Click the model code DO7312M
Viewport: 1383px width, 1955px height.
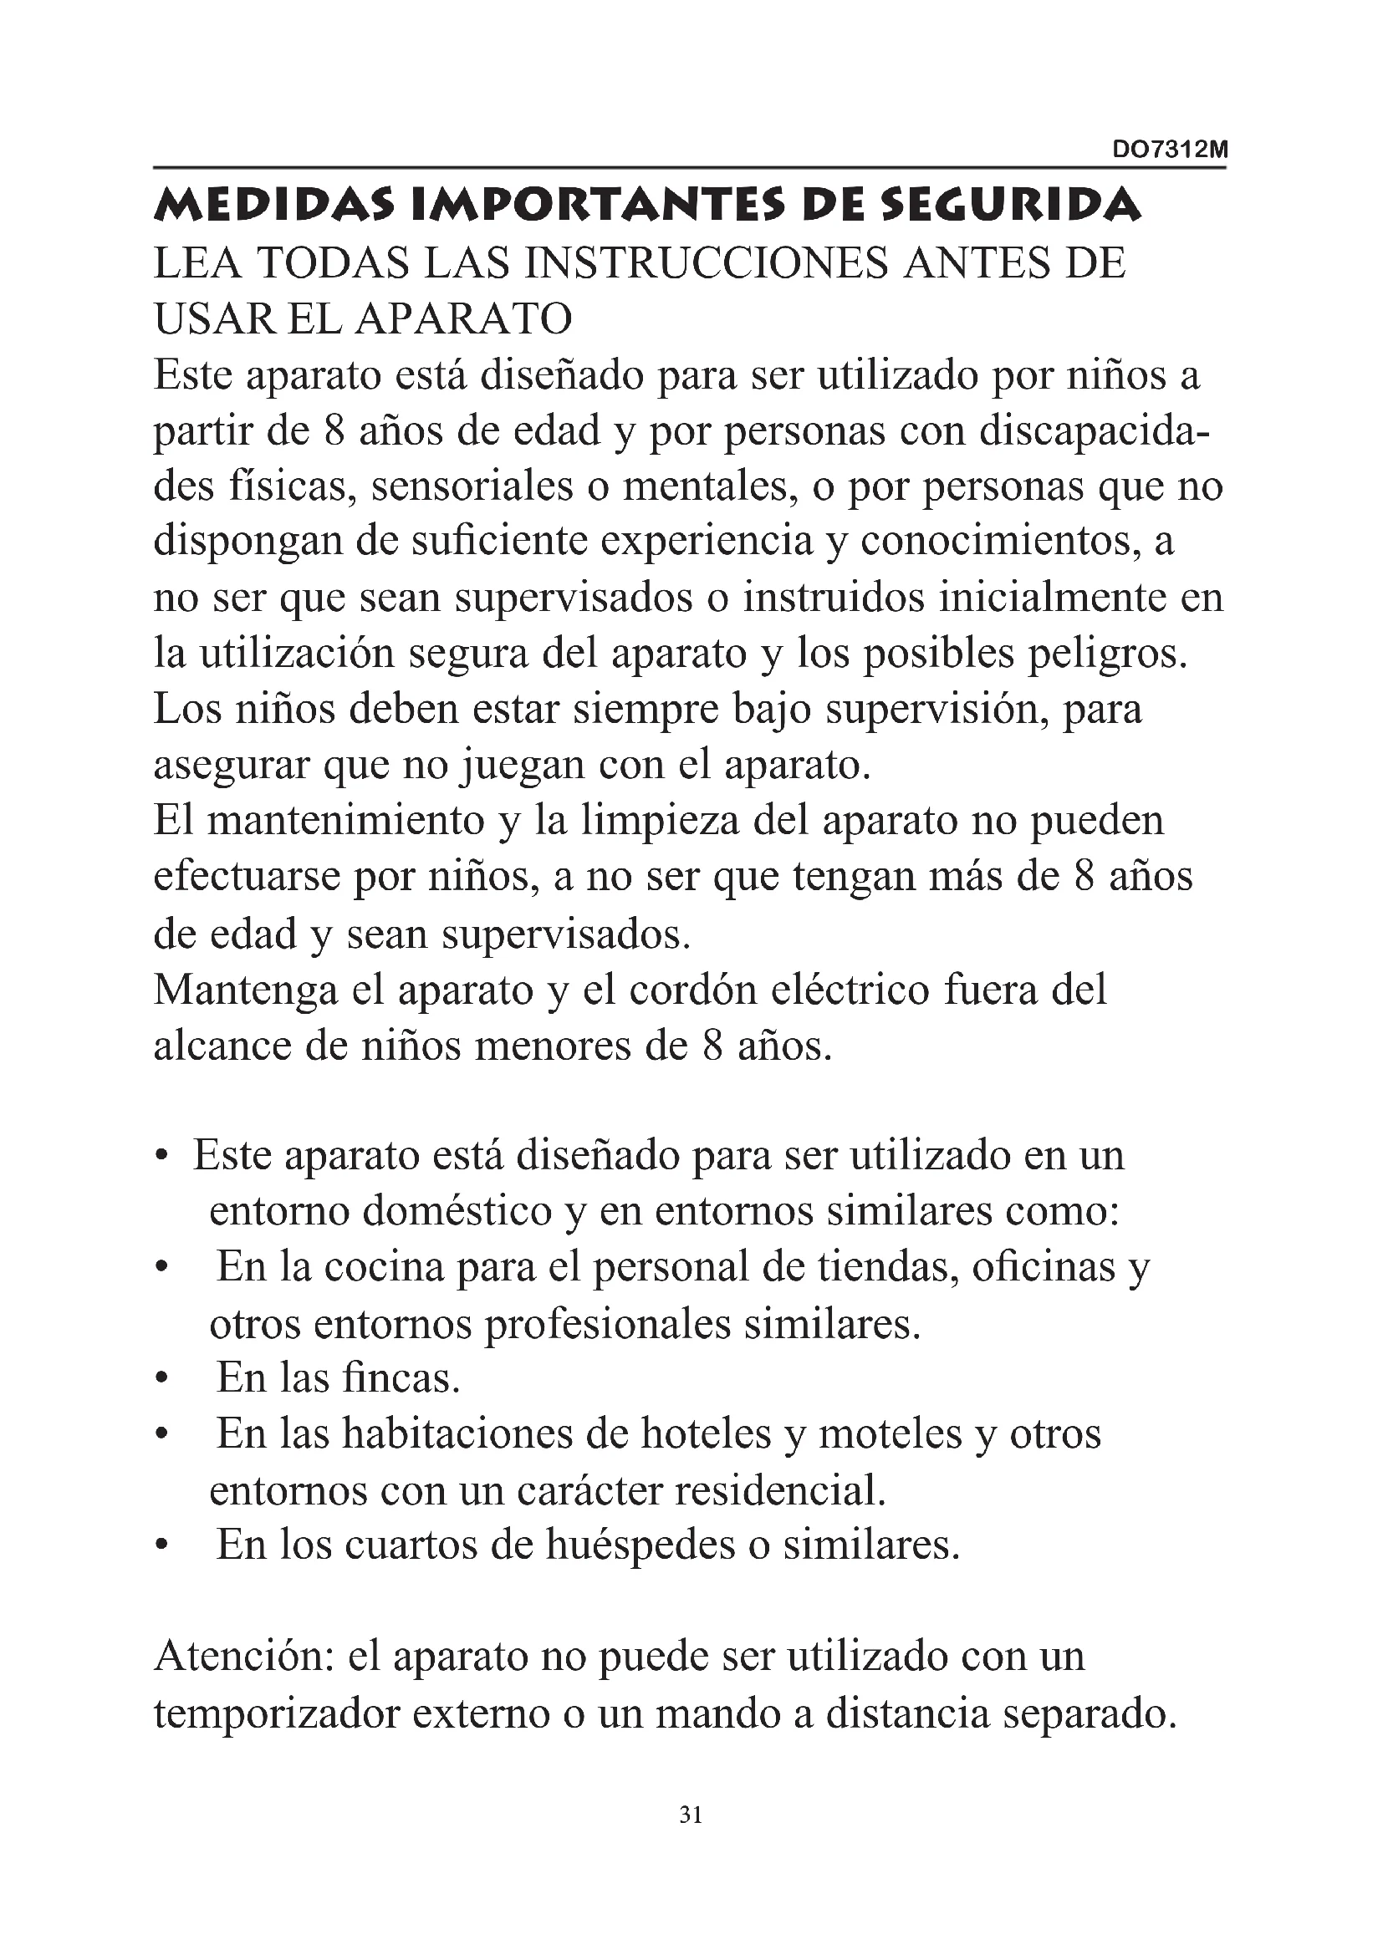(x=1170, y=150)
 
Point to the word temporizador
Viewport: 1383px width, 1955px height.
(x=277, y=1714)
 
